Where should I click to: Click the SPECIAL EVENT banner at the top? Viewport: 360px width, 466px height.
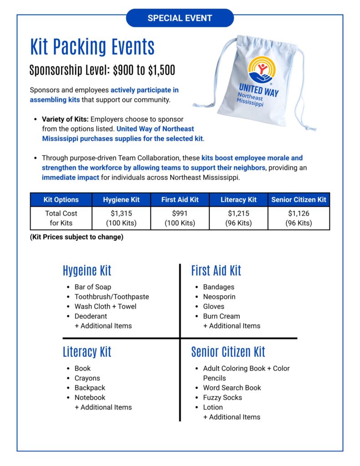(x=180, y=18)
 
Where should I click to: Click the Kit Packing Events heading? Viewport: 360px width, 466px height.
(x=92, y=47)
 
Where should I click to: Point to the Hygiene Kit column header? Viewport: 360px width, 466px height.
(x=121, y=199)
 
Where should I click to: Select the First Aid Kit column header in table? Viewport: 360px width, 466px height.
(x=180, y=199)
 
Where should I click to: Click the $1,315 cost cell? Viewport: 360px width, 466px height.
(x=121, y=218)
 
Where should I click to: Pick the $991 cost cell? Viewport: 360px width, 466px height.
(x=180, y=218)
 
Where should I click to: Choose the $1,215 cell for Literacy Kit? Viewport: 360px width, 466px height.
(x=238, y=218)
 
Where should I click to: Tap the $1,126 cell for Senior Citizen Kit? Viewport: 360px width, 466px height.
(x=299, y=218)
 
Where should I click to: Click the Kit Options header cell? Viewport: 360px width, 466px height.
(x=61, y=199)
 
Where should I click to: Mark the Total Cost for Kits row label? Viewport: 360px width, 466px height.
(x=61, y=218)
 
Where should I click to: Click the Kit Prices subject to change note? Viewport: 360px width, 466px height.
(x=76, y=237)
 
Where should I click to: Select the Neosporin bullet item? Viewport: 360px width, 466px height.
(x=219, y=297)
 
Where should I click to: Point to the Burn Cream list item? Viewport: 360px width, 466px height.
(x=221, y=316)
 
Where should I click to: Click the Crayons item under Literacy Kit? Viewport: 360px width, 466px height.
(x=87, y=378)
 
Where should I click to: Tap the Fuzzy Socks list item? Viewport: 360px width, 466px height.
(x=223, y=398)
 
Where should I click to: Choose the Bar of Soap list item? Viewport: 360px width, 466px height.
(x=92, y=287)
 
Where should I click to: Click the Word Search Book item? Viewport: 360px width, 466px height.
(x=232, y=388)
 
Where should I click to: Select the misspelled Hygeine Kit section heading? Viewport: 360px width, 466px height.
(x=87, y=271)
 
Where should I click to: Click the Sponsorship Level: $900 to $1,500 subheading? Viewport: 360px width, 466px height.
(x=102, y=71)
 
